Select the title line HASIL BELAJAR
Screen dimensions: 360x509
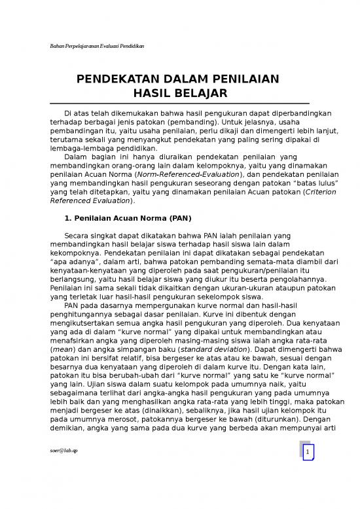(x=179, y=93)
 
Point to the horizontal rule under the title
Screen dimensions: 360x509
(x=179, y=104)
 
